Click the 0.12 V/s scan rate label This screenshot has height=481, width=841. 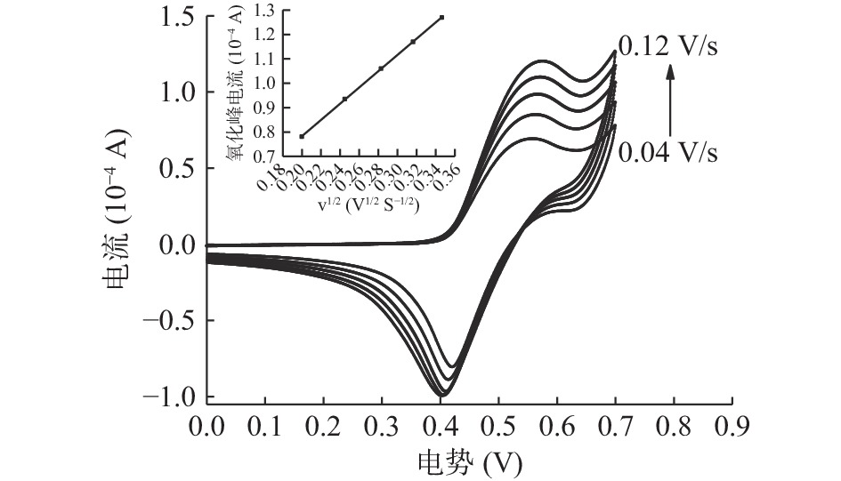(667, 47)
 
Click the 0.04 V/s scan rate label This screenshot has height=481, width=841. (667, 152)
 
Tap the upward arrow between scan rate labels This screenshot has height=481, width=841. (671, 98)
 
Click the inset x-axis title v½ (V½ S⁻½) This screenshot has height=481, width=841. (367, 204)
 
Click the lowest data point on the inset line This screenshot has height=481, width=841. (302, 136)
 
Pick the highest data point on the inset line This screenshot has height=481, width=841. (441, 18)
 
